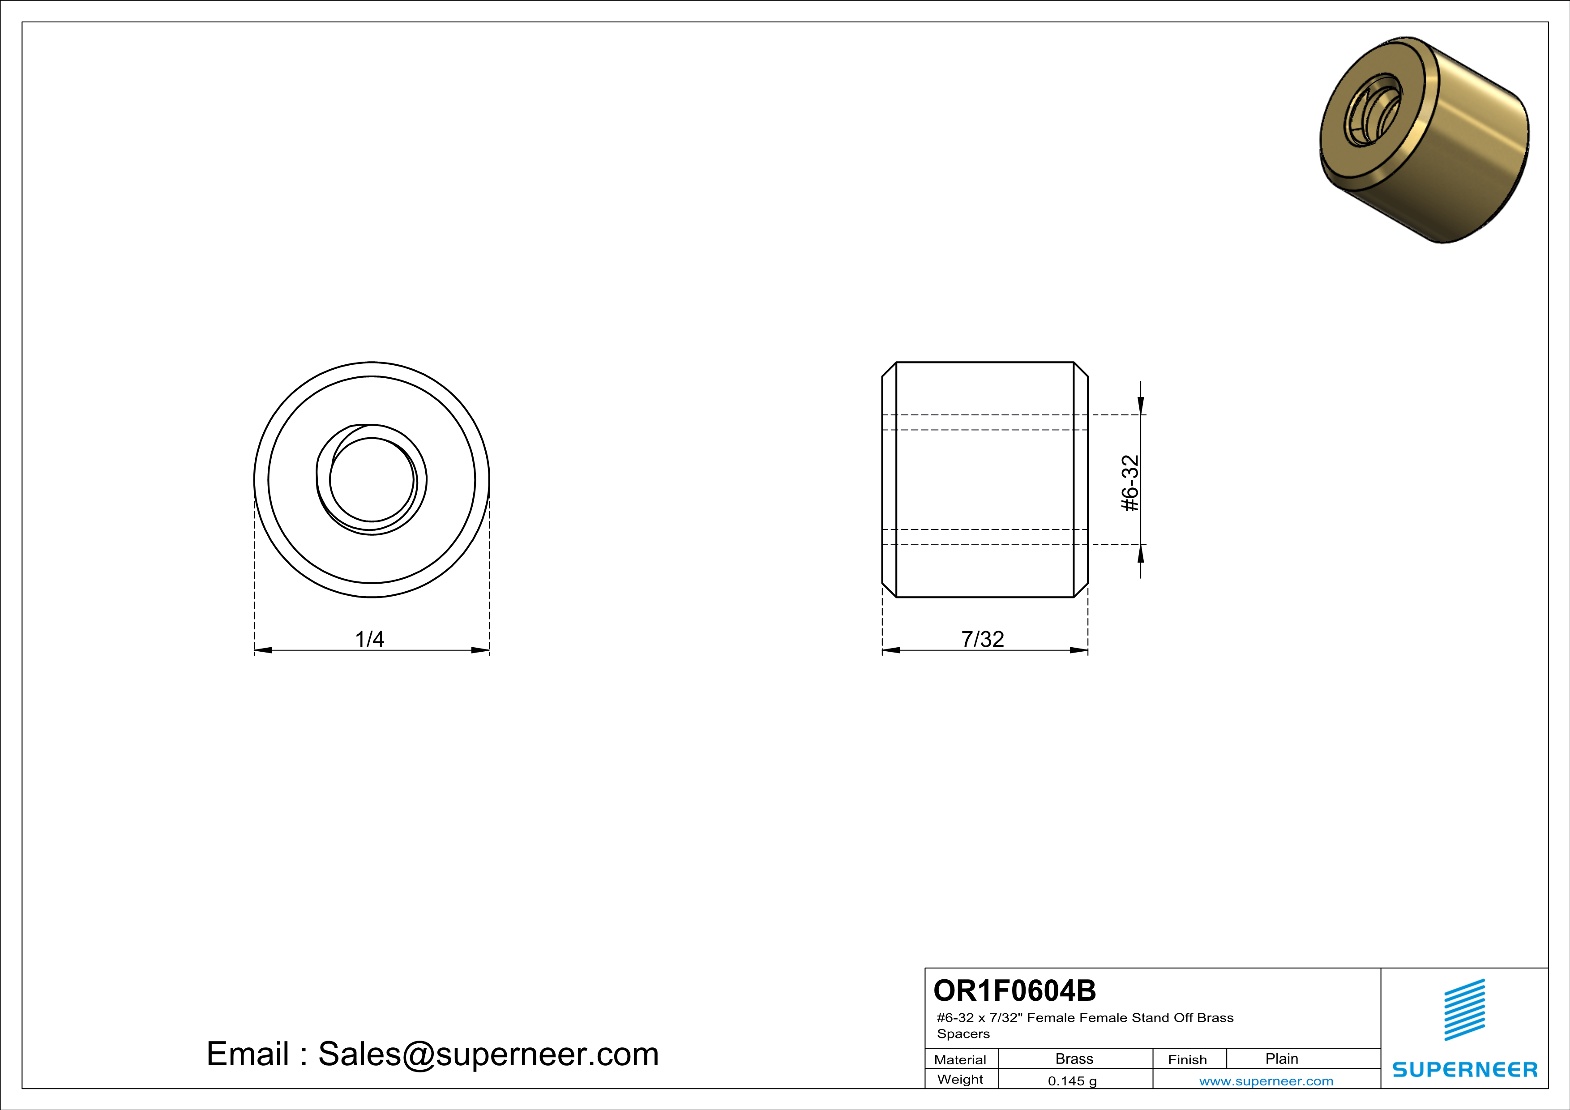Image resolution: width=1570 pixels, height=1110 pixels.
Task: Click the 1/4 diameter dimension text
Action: (x=369, y=639)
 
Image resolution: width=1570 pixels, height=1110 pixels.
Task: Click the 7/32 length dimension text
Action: (x=983, y=639)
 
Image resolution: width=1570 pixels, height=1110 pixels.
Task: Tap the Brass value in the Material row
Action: (x=1074, y=1059)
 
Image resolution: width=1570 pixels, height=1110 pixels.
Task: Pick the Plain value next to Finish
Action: (x=1281, y=1059)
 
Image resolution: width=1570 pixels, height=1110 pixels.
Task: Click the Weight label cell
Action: (x=960, y=1079)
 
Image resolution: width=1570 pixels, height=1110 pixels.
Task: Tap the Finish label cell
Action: (x=1187, y=1059)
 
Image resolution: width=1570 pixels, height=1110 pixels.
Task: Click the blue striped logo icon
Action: (x=1464, y=1010)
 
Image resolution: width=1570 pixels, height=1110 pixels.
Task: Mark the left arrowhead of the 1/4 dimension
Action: (x=263, y=650)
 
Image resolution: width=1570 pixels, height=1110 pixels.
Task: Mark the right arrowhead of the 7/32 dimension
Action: (x=1079, y=650)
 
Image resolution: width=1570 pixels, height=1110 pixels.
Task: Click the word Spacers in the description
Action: (x=963, y=1033)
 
